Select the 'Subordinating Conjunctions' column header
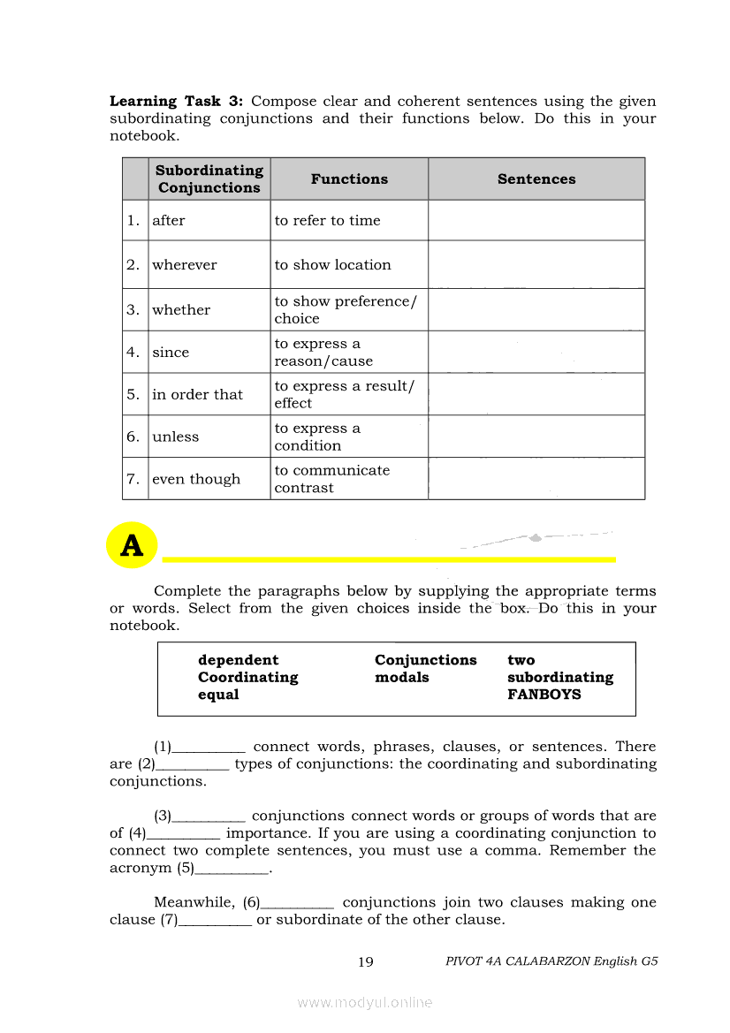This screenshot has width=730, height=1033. tap(209, 178)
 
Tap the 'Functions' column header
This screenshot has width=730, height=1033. tap(349, 178)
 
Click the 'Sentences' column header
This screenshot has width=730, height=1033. tap(536, 178)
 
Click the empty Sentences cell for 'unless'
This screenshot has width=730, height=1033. tap(536, 437)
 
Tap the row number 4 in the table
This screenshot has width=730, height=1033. tap(133, 352)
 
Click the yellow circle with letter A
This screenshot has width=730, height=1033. tap(132, 546)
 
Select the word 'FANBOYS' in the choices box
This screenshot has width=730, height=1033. tap(544, 695)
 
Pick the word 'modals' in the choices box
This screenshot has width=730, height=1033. tap(401, 678)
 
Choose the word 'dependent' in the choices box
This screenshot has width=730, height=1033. tap(238, 660)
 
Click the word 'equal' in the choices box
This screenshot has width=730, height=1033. tap(218, 695)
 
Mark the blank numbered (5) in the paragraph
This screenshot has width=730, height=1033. tap(231, 870)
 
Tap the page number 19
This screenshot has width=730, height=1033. tap(366, 962)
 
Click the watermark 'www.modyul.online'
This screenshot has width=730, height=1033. tap(365, 1002)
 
